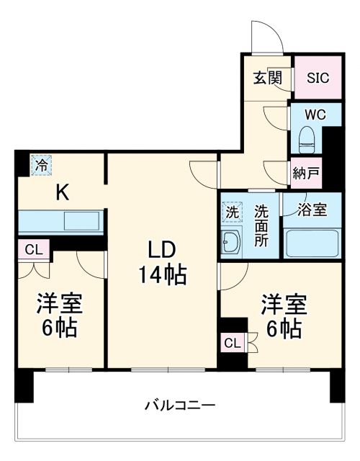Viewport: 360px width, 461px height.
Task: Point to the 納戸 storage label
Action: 306,172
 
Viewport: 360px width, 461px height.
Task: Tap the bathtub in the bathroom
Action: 312,242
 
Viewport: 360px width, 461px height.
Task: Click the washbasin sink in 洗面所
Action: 233,241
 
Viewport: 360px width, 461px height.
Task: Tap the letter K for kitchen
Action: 63,192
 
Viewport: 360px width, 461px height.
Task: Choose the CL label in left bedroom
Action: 32,250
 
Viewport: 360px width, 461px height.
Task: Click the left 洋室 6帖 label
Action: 60,315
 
